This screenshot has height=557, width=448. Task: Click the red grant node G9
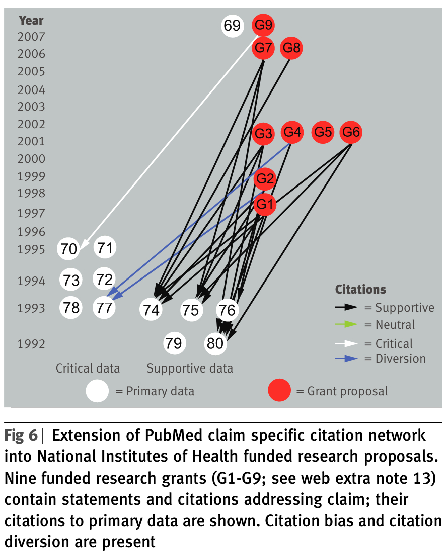click(x=264, y=25)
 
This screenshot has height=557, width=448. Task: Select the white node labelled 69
click(x=232, y=25)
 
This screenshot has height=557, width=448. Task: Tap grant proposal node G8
click(x=291, y=48)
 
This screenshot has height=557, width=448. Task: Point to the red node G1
click(x=264, y=204)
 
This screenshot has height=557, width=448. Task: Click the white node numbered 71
click(x=105, y=248)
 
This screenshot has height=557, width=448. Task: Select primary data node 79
click(x=175, y=343)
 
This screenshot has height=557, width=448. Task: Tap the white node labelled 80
click(x=215, y=343)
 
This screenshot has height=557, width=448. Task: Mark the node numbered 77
click(x=104, y=307)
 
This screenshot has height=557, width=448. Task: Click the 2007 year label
click(x=31, y=37)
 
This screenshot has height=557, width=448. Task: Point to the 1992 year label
click(x=31, y=344)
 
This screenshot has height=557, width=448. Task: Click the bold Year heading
click(x=31, y=21)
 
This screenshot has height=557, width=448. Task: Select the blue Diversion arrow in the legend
click(x=346, y=359)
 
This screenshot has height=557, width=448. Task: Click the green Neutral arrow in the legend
click(x=346, y=325)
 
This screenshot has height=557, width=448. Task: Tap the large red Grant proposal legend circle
click(x=279, y=391)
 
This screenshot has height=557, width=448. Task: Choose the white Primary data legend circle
click(x=97, y=391)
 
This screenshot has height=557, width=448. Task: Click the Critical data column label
click(x=88, y=368)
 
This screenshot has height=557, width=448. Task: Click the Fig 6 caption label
click(x=21, y=435)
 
